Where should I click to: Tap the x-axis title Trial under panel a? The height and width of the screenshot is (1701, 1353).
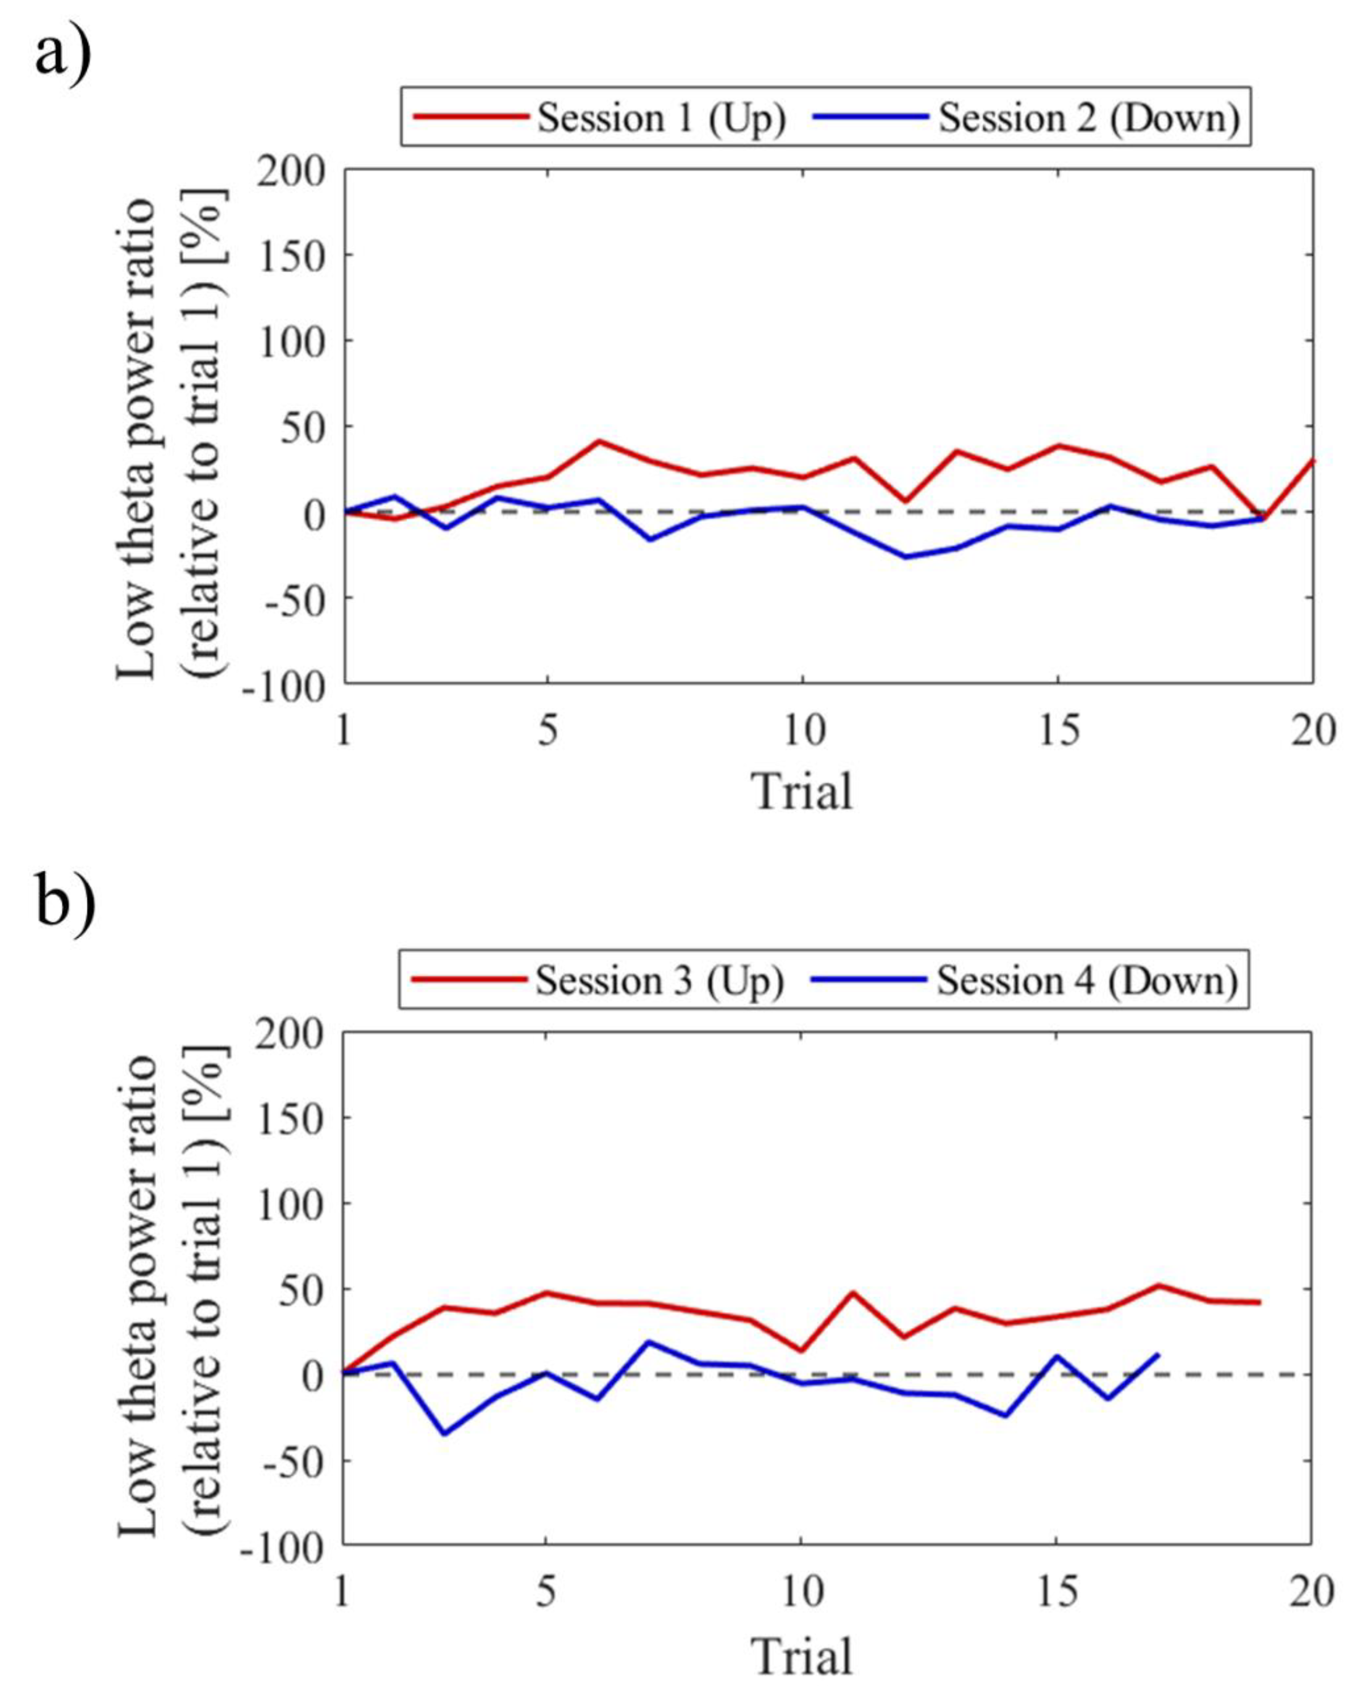click(x=802, y=791)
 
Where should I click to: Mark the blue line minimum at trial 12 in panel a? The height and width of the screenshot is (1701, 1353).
click(x=905, y=557)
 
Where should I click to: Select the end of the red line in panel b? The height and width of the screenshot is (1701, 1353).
click(x=1260, y=1302)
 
